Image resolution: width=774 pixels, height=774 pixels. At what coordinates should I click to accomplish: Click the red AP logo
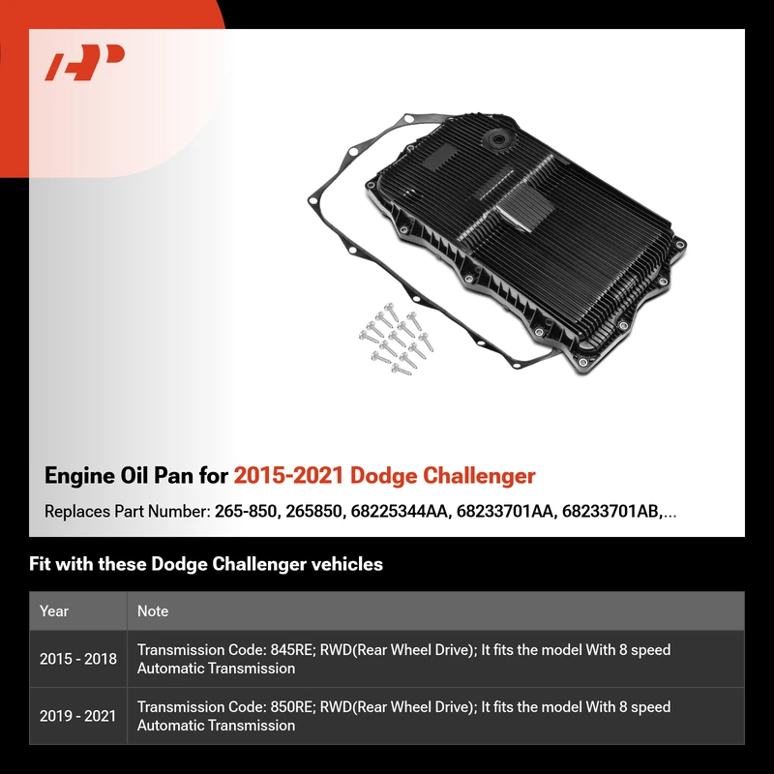tap(84, 62)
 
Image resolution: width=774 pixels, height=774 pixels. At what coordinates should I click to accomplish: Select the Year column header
tap(54, 611)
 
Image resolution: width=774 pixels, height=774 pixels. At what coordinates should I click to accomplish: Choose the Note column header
tap(153, 611)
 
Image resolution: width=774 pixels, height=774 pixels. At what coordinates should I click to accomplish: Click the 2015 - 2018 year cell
tap(78, 659)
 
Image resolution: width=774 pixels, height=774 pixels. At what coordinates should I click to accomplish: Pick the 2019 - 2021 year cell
tap(78, 716)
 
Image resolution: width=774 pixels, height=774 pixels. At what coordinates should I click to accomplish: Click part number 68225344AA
tap(401, 512)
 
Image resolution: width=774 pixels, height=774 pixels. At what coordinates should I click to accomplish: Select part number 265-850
tap(247, 512)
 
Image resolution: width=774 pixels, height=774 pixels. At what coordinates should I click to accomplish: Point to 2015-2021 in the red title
tap(288, 475)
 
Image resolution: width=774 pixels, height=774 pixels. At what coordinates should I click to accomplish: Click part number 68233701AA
tap(506, 512)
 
